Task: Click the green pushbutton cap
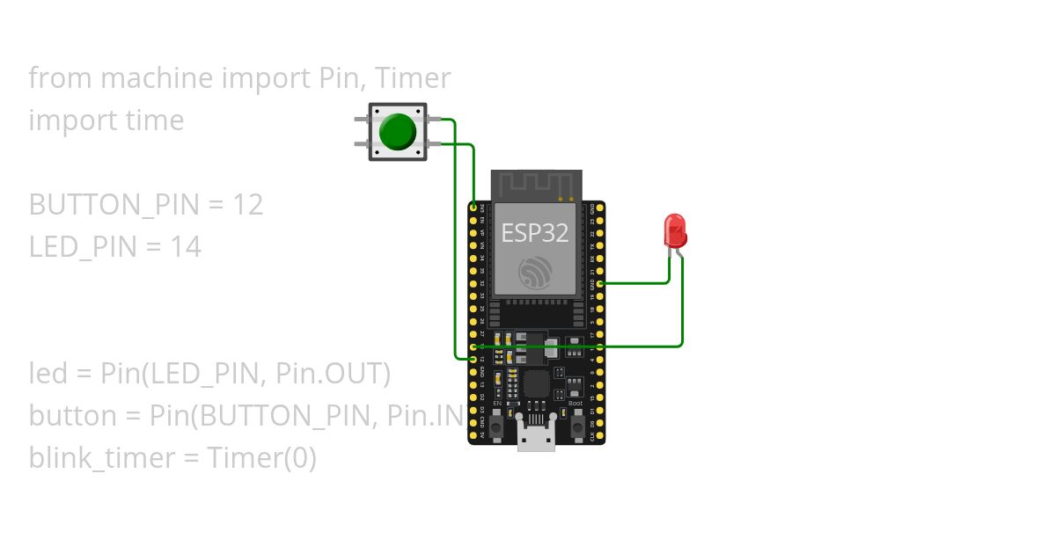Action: (397, 132)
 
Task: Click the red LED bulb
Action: (675, 230)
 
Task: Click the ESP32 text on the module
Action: (535, 233)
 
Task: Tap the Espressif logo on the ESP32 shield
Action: (535, 273)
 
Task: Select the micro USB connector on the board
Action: (536, 437)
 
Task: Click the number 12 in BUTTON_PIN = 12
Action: (248, 205)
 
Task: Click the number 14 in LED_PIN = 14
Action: (186, 247)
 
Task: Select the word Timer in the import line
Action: (413, 78)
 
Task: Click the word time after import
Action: (152, 120)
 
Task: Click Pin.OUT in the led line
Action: (332, 374)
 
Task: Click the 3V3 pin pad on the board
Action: (473, 208)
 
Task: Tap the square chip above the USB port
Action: (535, 385)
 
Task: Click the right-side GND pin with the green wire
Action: (600, 284)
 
